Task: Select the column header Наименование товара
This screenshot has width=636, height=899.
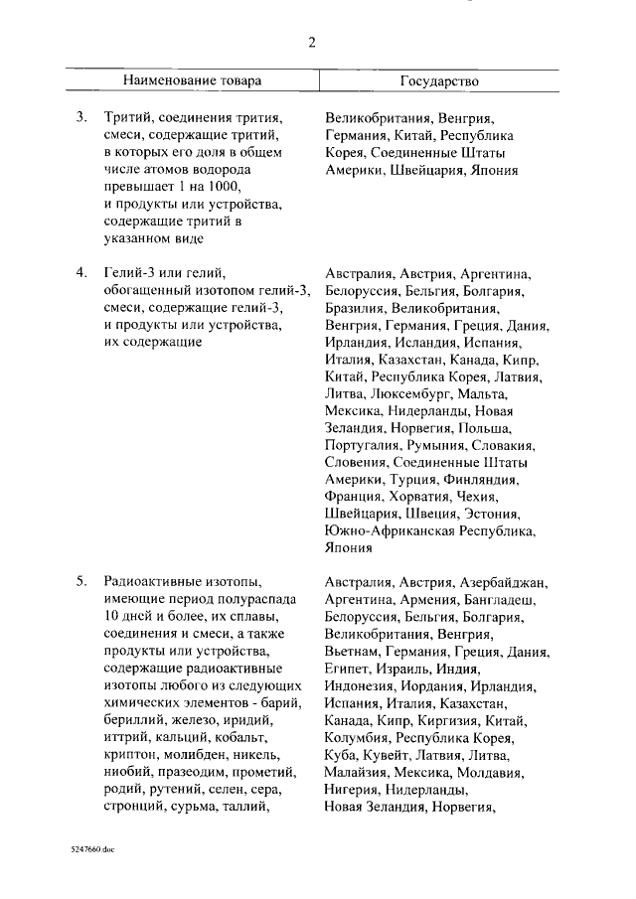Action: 194,80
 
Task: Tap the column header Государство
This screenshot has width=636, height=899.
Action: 439,80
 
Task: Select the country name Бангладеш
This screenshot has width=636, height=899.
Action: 499,600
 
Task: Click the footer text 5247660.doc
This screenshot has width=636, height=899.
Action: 86,851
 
